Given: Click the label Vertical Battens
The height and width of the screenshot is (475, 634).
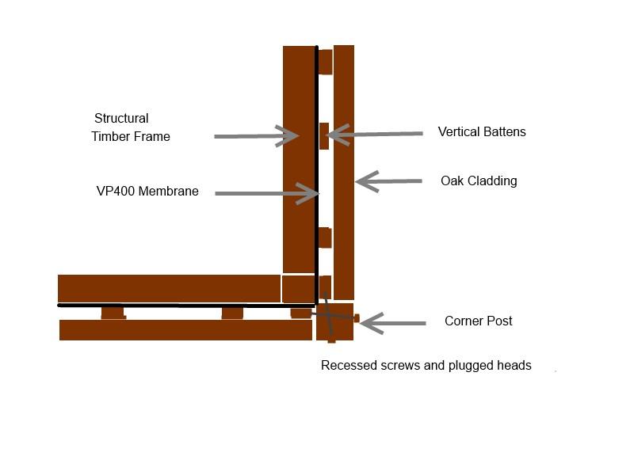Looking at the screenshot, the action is (x=482, y=131).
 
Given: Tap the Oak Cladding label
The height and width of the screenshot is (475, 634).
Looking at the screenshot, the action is (x=479, y=180).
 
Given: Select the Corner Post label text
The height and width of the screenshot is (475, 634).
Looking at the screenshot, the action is (x=479, y=321).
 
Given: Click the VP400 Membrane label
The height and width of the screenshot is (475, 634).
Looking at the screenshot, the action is (x=147, y=191).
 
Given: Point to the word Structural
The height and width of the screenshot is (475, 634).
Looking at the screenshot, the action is (x=121, y=118).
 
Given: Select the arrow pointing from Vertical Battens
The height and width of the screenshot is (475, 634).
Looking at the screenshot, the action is (x=374, y=135).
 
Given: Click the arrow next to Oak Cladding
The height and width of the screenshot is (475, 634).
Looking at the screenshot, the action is (x=388, y=181).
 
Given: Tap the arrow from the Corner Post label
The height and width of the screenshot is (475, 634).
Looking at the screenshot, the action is (x=392, y=323).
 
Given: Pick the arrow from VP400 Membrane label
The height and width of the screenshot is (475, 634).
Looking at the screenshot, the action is (x=267, y=193).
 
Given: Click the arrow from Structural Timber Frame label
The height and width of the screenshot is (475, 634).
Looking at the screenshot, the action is (x=256, y=136).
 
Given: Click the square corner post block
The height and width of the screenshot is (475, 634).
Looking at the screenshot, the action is (x=334, y=322).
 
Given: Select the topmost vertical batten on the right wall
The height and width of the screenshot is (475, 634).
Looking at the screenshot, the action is (x=326, y=62).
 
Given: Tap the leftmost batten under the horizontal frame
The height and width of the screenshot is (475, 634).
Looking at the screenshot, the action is (x=113, y=313).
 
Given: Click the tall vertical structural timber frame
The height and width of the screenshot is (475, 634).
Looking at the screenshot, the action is (x=300, y=160).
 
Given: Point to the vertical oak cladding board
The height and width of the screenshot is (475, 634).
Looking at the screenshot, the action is (x=344, y=173).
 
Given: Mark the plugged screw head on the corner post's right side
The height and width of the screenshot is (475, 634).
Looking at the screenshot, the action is (x=357, y=318).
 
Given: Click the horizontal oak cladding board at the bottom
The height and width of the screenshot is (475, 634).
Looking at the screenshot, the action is (x=185, y=330).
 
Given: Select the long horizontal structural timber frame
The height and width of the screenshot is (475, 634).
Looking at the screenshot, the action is (x=169, y=288).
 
